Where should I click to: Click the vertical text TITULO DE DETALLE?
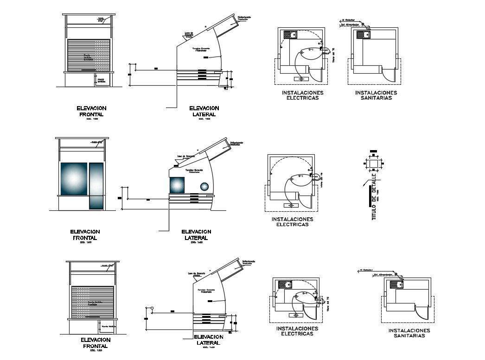374,197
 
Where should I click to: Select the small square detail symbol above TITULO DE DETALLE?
374,164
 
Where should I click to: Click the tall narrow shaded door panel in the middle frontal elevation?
96,185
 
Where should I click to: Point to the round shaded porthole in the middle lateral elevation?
204,186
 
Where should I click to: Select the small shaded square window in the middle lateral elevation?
177,185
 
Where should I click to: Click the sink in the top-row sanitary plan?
362,34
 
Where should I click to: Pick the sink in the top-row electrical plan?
291,34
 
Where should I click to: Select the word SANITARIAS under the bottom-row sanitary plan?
409,335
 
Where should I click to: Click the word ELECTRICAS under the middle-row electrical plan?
292,224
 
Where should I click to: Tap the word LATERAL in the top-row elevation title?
204,114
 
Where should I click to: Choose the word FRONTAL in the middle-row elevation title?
85,238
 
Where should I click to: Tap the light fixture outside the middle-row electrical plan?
291,205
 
